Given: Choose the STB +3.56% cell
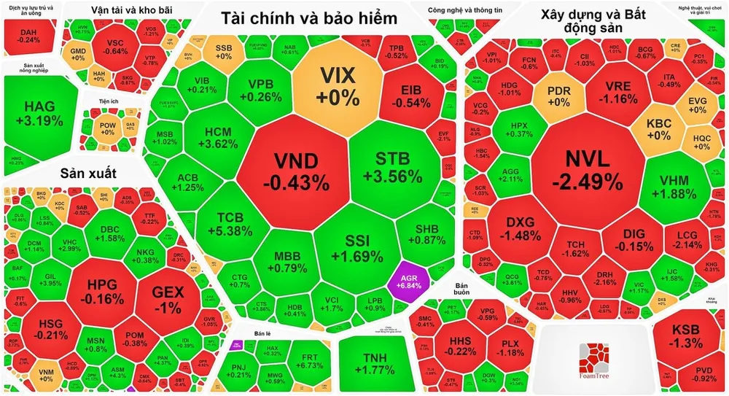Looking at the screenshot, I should click(x=393, y=168).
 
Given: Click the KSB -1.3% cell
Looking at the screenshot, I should click(x=685, y=335).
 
